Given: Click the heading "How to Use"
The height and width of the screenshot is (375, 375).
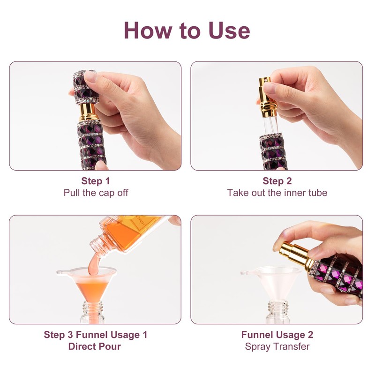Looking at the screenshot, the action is pyautogui.click(x=187, y=30).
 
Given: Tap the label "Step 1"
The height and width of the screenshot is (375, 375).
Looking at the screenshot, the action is pyautogui.click(x=96, y=181).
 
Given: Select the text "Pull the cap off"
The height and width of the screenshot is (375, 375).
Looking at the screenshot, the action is pyautogui.click(x=96, y=193).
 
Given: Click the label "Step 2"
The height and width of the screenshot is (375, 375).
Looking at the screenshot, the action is pyautogui.click(x=277, y=181).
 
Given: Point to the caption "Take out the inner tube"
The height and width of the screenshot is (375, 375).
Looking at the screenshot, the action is pyautogui.click(x=277, y=193).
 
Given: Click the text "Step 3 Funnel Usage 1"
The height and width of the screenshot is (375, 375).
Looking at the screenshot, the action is pyautogui.click(x=95, y=335).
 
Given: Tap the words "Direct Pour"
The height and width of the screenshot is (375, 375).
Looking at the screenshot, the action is pyautogui.click(x=95, y=346).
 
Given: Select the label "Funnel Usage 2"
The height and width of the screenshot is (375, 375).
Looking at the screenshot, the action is pyautogui.click(x=277, y=335).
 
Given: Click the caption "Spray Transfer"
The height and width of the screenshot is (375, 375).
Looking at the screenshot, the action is pyautogui.click(x=277, y=346).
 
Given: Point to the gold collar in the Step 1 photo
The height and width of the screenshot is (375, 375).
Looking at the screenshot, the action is pyautogui.click(x=88, y=112).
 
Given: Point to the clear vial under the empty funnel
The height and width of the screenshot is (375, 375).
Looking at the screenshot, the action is pyautogui.click(x=277, y=312).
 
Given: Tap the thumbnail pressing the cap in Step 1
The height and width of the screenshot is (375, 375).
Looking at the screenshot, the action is pyautogui.click(x=90, y=76).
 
